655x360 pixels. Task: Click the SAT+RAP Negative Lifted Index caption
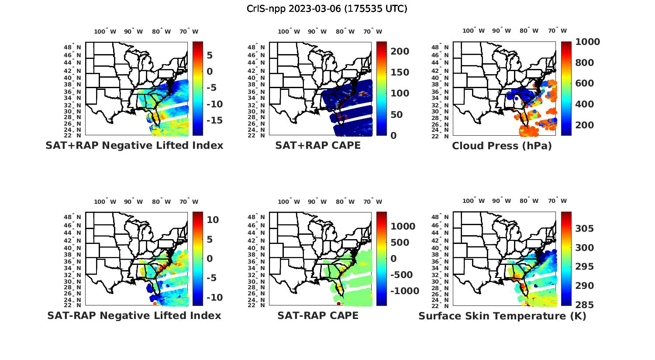point(134,145)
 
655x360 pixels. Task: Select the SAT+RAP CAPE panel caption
point(318,145)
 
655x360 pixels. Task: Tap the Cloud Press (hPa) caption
point(502,146)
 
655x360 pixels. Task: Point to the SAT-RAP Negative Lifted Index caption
point(134,315)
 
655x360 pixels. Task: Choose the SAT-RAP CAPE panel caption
point(318,315)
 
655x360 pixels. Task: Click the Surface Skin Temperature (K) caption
point(502,316)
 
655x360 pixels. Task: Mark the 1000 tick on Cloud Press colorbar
point(588,42)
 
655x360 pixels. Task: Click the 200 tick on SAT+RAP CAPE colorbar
point(400,51)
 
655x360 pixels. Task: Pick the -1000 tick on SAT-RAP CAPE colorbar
point(404,291)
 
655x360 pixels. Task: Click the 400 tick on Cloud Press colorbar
point(585,104)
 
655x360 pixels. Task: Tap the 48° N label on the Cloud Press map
point(440,48)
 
